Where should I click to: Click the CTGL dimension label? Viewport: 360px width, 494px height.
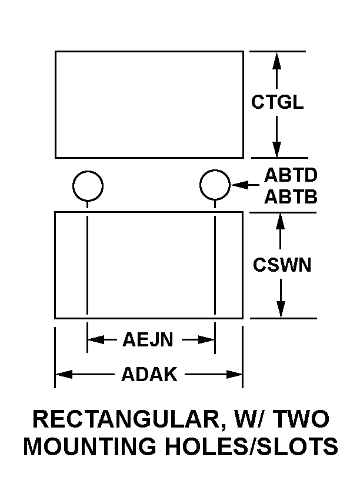[278, 102]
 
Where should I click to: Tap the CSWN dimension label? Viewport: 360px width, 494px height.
[282, 265]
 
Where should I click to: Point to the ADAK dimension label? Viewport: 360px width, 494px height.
[149, 374]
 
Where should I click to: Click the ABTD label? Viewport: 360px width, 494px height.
[291, 176]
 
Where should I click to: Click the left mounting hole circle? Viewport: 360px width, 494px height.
[88, 185]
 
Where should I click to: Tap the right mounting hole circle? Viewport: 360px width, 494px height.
[215, 185]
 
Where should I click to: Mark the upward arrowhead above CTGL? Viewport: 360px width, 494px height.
[277, 58]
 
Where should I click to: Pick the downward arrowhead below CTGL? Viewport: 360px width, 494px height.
[277, 151]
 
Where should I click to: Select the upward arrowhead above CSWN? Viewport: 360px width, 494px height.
[281, 219]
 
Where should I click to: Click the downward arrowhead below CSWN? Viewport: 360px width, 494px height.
[281, 311]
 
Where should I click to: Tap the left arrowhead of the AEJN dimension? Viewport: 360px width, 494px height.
[95, 339]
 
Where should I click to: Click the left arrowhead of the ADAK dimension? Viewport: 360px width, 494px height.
[62, 374]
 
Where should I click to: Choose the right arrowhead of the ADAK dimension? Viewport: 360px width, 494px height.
[235, 374]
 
